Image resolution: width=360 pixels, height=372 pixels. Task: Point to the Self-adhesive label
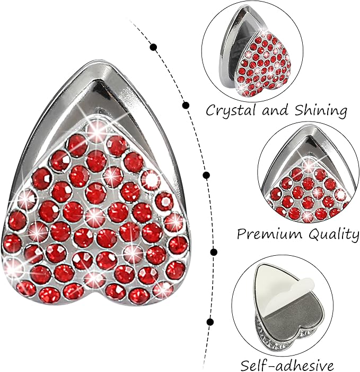point(287,365)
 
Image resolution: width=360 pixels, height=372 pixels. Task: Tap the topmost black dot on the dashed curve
point(154,47)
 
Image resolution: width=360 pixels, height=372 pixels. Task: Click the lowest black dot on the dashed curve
point(210,322)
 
